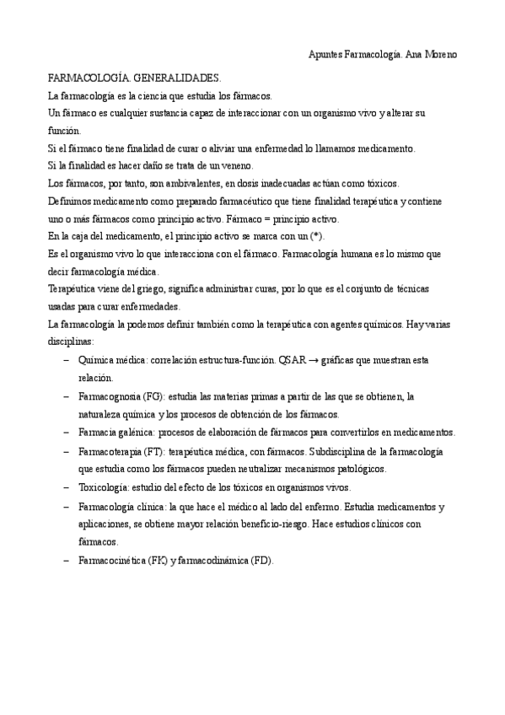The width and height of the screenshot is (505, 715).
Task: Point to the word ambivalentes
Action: pyautogui.click(x=172, y=183)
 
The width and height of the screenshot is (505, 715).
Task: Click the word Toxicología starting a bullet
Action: pyautogui.click(x=103, y=488)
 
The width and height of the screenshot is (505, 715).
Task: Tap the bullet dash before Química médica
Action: pyautogui.click(x=66, y=360)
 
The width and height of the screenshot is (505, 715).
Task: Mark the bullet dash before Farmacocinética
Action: pyautogui.click(x=66, y=560)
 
